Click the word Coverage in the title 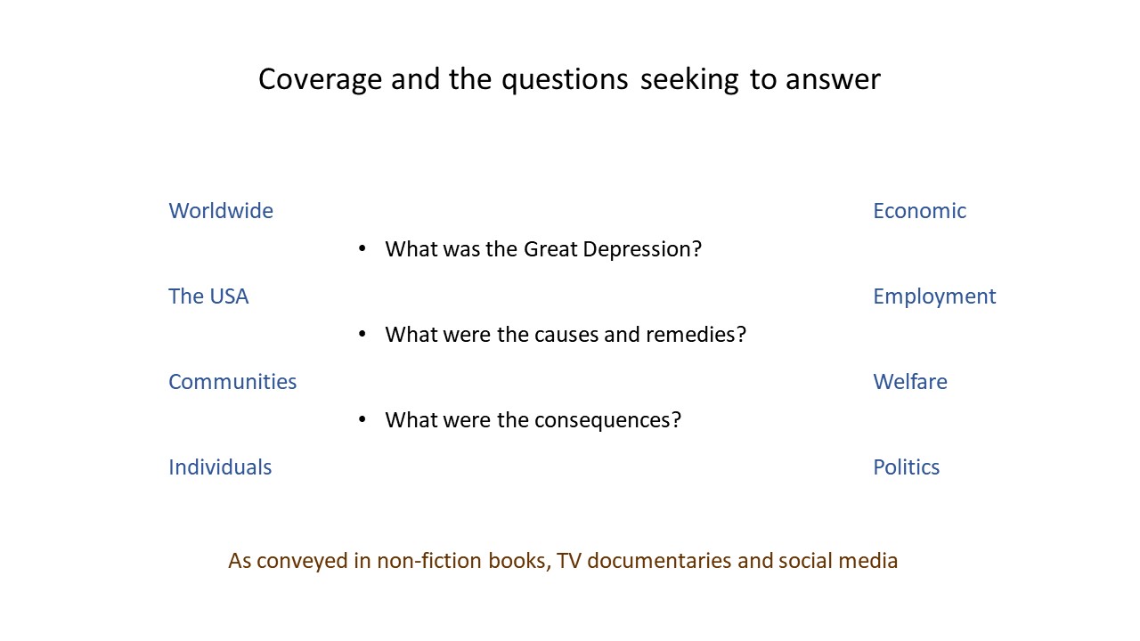pyautogui.click(x=320, y=80)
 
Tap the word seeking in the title pyautogui.click(x=689, y=80)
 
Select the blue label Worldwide pyautogui.click(x=221, y=211)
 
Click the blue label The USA pyautogui.click(x=208, y=296)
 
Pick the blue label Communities pyautogui.click(x=232, y=382)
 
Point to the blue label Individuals pyautogui.click(x=220, y=467)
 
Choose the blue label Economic pyautogui.click(x=920, y=211)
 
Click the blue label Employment pyautogui.click(x=935, y=297)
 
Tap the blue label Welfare pyautogui.click(x=910, y=382)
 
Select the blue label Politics pyautogui.click(x=907, y=467)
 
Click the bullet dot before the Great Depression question pyautogui.click(x=362, y=248)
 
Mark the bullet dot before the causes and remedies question pyautogui.click(x=362, y=334)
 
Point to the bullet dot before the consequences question pyautogui.click(x=362, y=419)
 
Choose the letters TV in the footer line pyautogui.click(x=569, y=561)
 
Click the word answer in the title pyautogui.click(x=833, y=81)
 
